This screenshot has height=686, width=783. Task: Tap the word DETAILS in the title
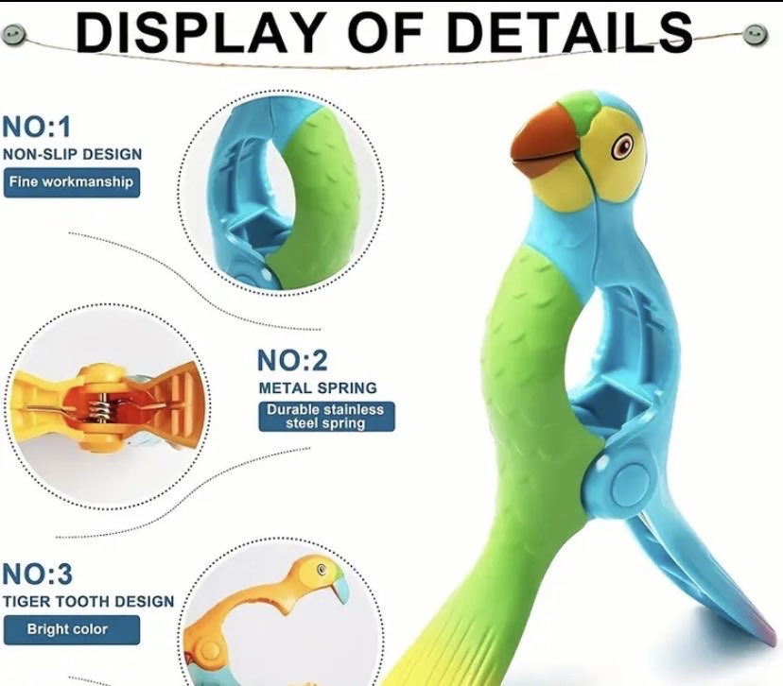570,32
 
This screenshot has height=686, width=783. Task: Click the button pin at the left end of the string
11,34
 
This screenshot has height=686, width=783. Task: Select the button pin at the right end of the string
755,34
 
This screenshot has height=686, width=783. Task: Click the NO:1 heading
37,127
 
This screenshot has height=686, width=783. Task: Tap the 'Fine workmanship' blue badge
72,182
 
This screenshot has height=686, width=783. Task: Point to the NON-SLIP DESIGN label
73,154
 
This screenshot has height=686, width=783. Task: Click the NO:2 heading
292,360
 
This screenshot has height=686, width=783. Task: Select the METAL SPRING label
318,387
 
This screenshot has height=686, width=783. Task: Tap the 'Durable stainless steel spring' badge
326,417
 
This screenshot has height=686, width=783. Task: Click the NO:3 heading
37,574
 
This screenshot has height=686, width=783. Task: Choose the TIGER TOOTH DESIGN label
88,601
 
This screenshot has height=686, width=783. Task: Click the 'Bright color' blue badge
72,629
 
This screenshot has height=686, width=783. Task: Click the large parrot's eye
622,146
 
